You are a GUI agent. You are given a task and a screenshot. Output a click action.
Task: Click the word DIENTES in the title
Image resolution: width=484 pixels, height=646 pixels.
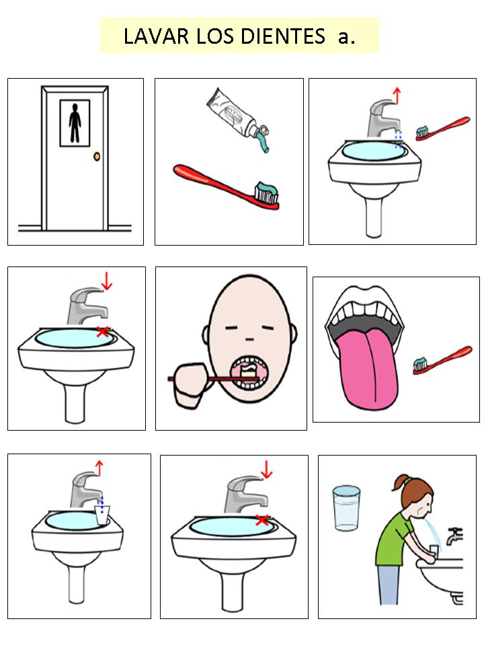(x=283, y=36)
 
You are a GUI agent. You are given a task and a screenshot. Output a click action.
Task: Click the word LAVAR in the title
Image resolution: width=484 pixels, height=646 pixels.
(x=156, y=36)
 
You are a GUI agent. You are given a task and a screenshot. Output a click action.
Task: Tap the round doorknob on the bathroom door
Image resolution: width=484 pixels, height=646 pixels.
(x=97, y=157)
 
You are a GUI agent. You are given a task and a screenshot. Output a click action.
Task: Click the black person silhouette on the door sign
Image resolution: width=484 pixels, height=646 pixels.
(x=75, y=123)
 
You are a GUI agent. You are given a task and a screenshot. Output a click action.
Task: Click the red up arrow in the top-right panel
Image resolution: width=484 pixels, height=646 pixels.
(x=397, y=95)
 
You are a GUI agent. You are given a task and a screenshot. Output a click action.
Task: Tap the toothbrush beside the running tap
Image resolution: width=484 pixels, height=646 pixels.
(x=442, y=129)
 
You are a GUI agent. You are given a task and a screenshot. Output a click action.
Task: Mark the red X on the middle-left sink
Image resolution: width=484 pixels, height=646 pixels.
(x=103, y=331)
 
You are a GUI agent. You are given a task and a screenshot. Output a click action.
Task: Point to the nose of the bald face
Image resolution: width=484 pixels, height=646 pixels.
(x=250, y=339)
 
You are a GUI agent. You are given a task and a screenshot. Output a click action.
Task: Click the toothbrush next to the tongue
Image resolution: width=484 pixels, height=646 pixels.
(x=442, y=359)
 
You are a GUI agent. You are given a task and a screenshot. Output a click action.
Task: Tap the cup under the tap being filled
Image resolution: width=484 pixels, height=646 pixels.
(x=102, y=515)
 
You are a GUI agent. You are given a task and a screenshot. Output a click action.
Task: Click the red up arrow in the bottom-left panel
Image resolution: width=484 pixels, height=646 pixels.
(x=99, y=468)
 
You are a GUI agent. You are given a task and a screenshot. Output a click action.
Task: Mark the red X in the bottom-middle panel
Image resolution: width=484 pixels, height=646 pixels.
(x=262, y=520)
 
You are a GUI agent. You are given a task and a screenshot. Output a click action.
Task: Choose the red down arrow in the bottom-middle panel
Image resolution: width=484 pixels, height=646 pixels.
(x=267, y=470)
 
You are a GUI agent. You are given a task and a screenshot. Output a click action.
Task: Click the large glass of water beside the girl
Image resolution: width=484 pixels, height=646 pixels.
(x=347, y=507)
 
